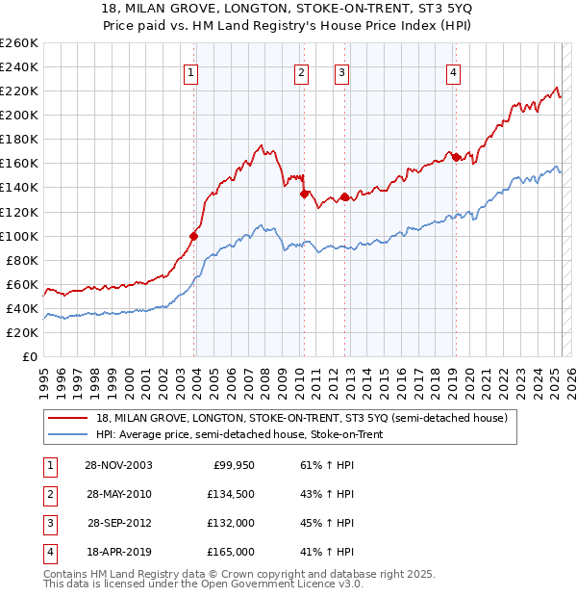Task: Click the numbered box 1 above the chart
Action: click(x=190, y=72)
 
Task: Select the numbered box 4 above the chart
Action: click(x=452, y=72)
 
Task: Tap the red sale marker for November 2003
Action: click(x=194, y=235)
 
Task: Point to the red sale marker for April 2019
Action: click(x=456, y=157)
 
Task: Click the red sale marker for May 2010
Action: click(x=304, y=194)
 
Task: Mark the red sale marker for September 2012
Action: click(x=344, y=196)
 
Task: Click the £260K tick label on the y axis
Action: click(x=18, y=42)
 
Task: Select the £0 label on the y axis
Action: click(x=31, y=356)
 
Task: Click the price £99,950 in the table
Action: click(x=233, y=466)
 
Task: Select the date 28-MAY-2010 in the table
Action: click(x=118, y=494)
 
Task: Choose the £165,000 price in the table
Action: click(x=231, y=552)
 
